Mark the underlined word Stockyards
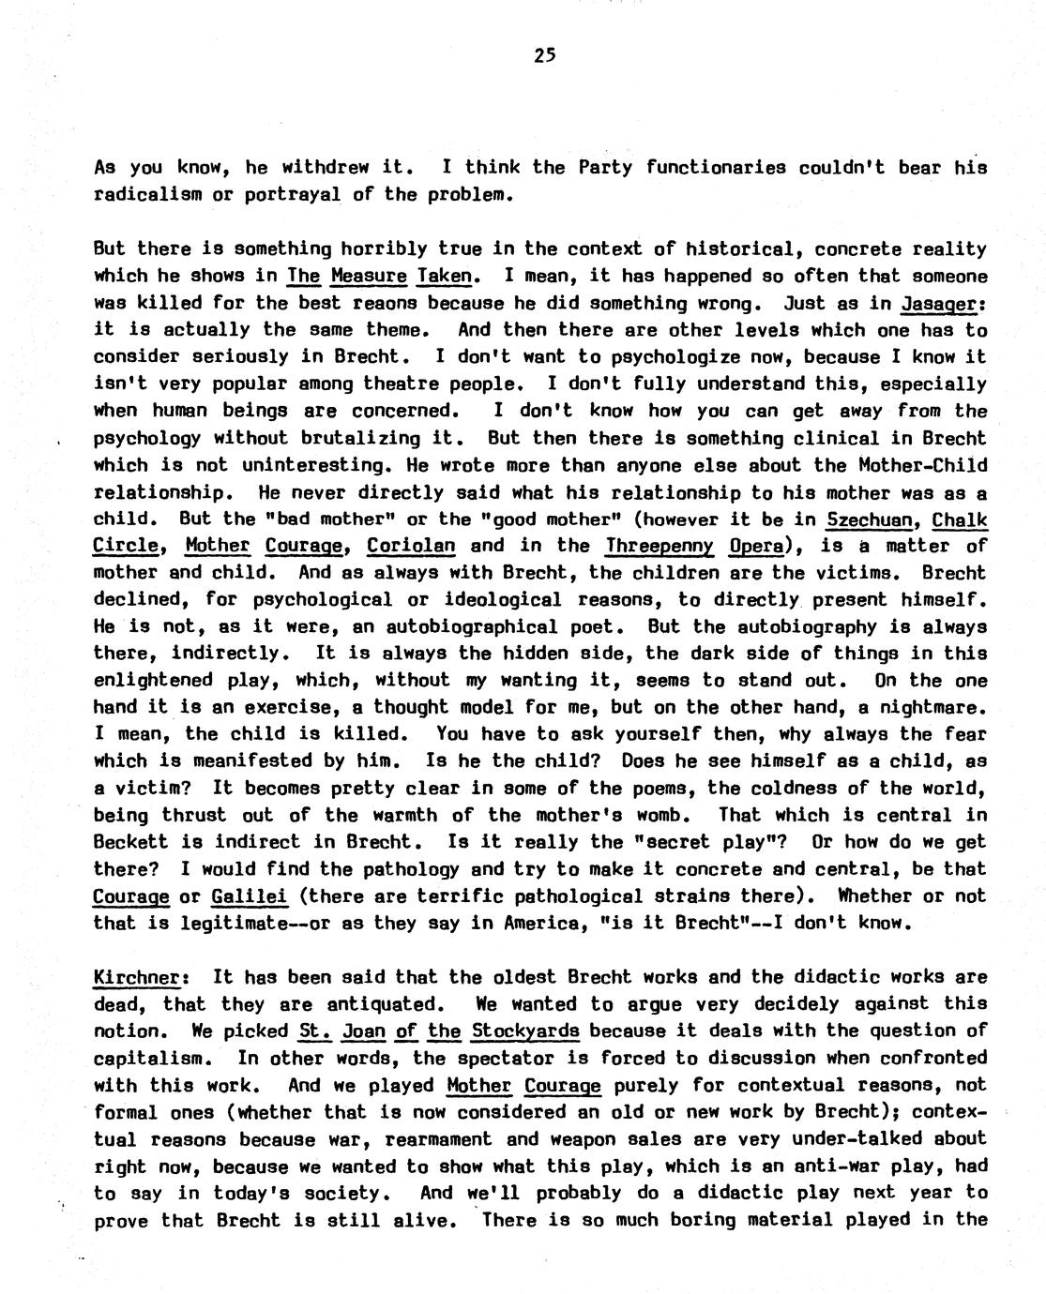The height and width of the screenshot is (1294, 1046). click(525, 1031)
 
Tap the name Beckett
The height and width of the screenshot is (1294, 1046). click(130, 841)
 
